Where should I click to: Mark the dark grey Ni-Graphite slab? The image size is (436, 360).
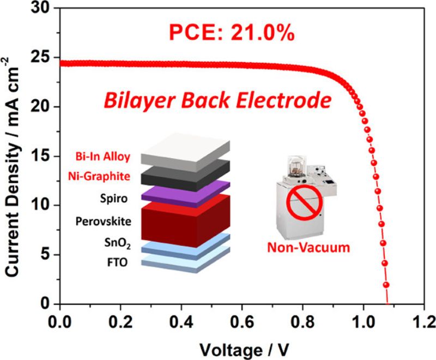click(x=185, y=175)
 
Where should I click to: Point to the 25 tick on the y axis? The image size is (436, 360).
click(x=45, y=58)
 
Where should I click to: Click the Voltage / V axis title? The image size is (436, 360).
click(x=240, y=347)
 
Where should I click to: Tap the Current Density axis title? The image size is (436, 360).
click(x=15, y=158)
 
